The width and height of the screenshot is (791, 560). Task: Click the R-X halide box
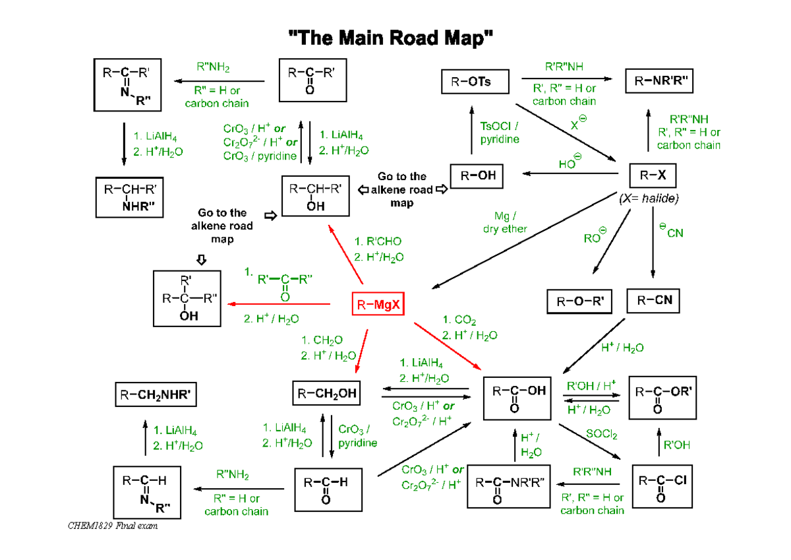(x=653, y=176)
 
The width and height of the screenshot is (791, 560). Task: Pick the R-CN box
(x=653, y=301)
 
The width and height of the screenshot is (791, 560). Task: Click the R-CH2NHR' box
(x=156, y=395)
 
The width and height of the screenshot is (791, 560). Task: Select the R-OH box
(x=477, y=176)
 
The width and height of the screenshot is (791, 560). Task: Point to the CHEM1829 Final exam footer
(x=113, y=526)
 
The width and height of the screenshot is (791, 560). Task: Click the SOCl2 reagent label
(x=601, y=435)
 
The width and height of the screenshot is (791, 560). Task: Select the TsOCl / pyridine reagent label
(x=500, y=133)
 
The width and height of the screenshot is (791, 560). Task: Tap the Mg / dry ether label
(x=505, y=222)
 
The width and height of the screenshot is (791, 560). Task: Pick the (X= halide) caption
(x=649, y=199)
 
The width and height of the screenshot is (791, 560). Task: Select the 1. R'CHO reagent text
(x=378, y=241)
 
